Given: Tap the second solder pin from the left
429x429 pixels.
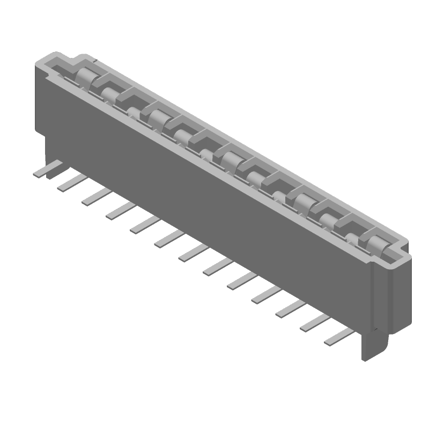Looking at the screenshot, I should pyautogui.click(x=70, y=182).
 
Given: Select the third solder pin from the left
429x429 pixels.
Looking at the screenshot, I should pyautogui.click(x=94, y=196).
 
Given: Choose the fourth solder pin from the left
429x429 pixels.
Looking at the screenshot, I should pyautogui.click(x=119, y=210).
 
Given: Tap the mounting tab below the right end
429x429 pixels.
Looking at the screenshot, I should pyautogui.click(x=373, y=343).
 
